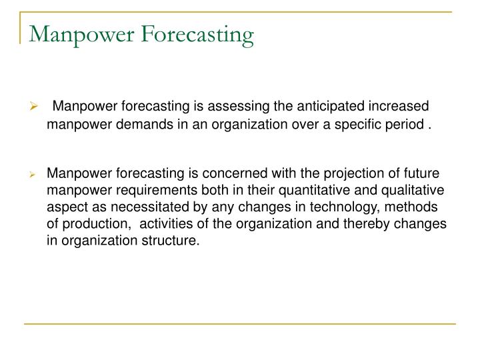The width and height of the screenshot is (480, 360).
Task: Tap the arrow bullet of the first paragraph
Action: [37, 107]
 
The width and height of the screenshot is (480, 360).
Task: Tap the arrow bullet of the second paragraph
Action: [37, 175]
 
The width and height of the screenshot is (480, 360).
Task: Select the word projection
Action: [331, 174]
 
